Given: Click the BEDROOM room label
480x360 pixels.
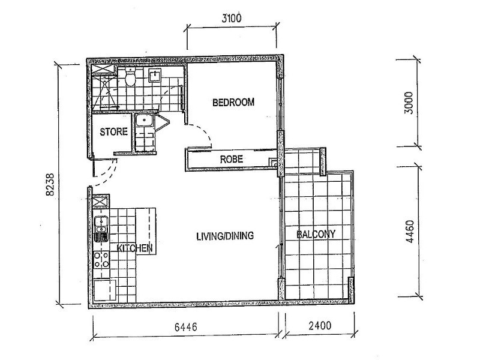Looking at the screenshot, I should click(233, 103).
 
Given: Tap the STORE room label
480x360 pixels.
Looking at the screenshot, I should click(113, 132).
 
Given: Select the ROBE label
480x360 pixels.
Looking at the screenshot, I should click(231, 160).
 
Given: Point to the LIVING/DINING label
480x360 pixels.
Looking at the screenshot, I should click(225, 236).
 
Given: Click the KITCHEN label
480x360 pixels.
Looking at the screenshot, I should click(135, 248).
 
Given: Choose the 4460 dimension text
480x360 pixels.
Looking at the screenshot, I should click(410, 231).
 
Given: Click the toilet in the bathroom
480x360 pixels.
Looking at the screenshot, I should click(130, 77).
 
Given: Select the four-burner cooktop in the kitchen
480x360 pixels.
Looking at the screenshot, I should click(101, 259).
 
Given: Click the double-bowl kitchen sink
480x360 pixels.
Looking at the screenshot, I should click(101, 229).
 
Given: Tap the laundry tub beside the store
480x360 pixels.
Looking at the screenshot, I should click(143, 121).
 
